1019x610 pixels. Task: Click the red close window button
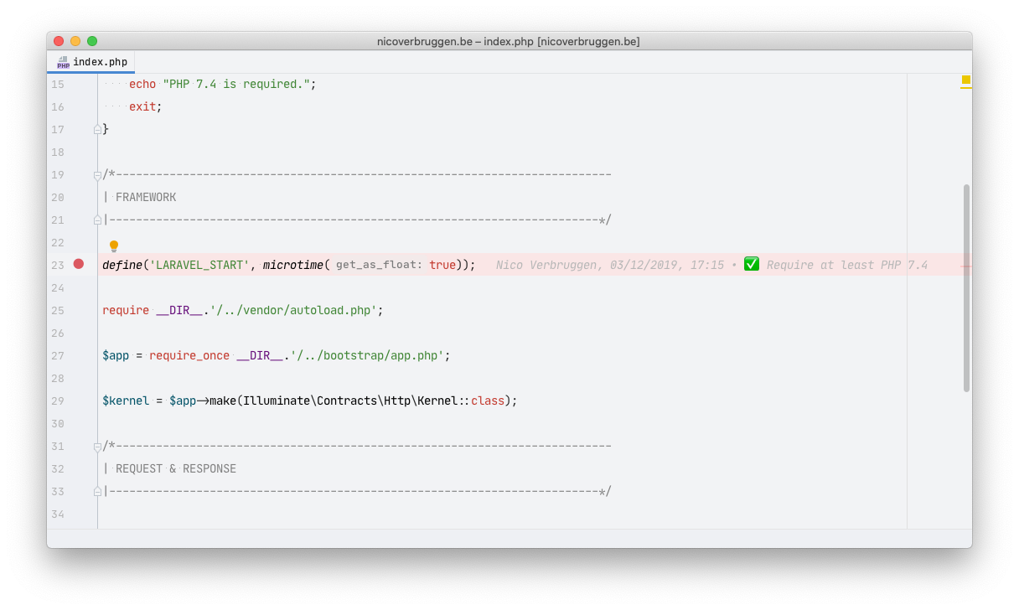(59, 41)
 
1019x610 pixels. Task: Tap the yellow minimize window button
(75, 41)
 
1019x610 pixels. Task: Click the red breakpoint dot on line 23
(79, 264)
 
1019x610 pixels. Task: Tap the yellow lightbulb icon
(114, 246)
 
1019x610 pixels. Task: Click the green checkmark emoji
(752, 264)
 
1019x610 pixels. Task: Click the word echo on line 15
(142, 84)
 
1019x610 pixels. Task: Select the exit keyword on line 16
(142, 107)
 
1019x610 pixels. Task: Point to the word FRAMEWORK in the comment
(146, 198)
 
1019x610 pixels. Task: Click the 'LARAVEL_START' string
(199, 265)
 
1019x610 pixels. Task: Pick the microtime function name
(293, 265)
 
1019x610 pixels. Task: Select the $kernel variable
(126, 401)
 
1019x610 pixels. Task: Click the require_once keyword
(189, 356)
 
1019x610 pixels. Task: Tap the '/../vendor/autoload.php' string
(293, 310)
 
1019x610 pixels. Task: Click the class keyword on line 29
(488, 401)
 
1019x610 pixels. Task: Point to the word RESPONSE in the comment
(209, 469)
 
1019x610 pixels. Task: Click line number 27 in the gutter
(58, 356)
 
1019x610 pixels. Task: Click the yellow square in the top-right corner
(966, 80)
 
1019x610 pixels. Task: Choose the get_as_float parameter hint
(380, 265)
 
